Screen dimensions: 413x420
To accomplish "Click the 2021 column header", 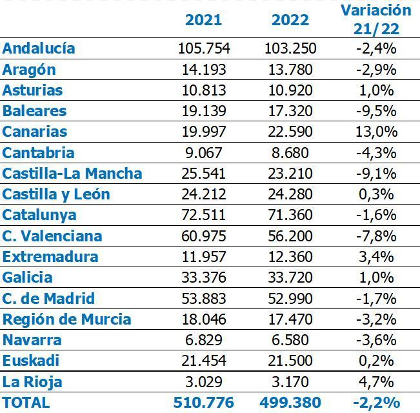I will pos(203,19).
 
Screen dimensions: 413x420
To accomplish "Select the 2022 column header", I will pos(290,19).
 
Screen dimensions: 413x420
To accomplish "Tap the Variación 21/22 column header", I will pos(375,19).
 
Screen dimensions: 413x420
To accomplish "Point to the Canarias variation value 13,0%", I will pos(375,132).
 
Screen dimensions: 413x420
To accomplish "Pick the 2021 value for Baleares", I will pos(203,110).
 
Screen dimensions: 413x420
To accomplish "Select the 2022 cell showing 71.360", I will pos(290,215).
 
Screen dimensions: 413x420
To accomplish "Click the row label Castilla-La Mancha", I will pos(72,174).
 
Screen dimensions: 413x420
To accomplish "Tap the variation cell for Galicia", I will pos(375,277).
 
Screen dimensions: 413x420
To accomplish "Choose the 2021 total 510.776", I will pos(203,402).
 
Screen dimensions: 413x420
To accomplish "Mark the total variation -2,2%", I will pos(375,402).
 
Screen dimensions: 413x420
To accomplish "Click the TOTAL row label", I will pos(26,402).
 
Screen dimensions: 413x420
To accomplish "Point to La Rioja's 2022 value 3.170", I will pos(290,381).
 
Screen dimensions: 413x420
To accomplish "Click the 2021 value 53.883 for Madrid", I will pos(203,298).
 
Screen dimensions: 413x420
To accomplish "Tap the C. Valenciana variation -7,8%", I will pos(375,236).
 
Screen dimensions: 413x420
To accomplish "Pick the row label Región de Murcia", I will pos(66,319).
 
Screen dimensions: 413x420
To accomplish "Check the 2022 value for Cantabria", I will pos(290,153).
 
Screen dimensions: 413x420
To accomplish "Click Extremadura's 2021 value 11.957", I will pos(203,257).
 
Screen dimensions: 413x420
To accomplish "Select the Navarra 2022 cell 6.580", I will pos(290,340).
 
